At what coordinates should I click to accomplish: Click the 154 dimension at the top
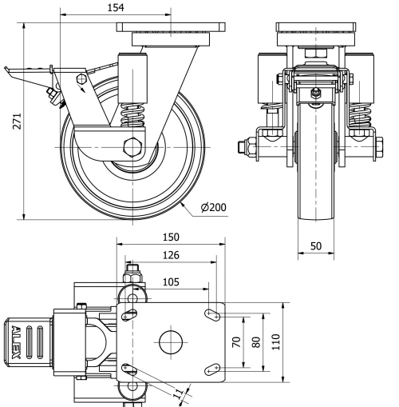click(x=116, y=7)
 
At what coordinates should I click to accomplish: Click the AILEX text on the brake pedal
click(x=16, y=343)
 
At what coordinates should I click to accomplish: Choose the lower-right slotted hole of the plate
click(x=211, y=368)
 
